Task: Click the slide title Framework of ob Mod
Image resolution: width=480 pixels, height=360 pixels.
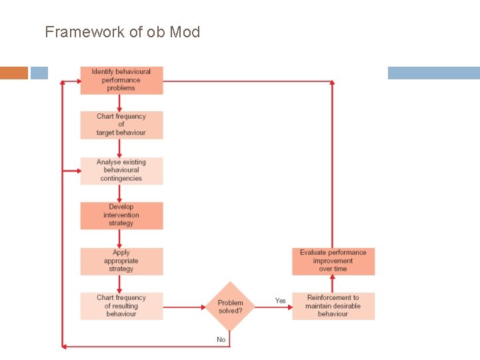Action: click(122, 31)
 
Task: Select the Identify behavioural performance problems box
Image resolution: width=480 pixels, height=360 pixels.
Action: click(121, 80)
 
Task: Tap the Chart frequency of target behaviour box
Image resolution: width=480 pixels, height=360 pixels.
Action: click(121, 125)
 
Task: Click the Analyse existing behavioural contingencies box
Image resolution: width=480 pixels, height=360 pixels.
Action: click(121, 170)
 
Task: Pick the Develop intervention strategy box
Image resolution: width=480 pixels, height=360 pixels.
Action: click(121, 215)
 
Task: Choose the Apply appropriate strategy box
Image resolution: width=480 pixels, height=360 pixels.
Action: click(121, 261)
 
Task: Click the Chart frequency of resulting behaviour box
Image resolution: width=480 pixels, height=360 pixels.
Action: click(121, 306)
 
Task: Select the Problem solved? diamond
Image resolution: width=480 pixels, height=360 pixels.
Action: click(230, 307)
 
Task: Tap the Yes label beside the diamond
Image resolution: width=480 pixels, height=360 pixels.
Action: click(281, 301)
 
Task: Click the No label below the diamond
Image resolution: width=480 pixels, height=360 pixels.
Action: click(221, 339)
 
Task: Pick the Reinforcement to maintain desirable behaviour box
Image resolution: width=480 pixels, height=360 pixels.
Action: click(333, 306)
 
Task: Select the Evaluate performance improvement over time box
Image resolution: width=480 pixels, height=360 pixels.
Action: click(333, 261)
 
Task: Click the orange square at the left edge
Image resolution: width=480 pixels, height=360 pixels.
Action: click(14, 73)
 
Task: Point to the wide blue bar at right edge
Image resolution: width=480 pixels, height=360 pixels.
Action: click(433, 73)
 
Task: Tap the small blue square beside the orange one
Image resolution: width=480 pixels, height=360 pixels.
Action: click(39, 73)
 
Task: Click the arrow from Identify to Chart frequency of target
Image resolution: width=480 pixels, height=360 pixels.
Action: click(120, 103)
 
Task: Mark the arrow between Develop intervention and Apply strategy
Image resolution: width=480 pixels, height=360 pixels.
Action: click(120, 239)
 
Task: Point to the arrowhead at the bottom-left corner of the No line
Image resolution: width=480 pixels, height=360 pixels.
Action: click(64, 346)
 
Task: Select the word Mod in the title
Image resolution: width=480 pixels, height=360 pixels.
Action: click(185, 31)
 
